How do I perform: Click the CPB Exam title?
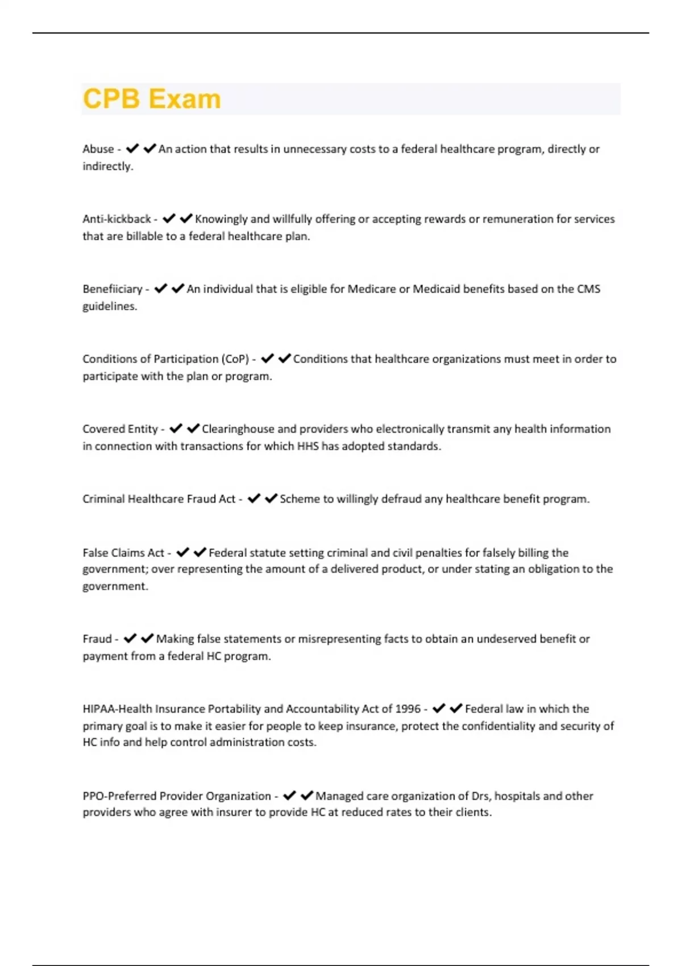[152, 99]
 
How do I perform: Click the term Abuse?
[98, 149]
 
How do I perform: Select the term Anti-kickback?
[117, 219]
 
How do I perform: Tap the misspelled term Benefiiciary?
[112, 289]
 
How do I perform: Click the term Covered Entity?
[120, 429]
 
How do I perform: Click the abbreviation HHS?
[307, 446]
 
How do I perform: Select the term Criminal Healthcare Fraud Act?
[159, 499]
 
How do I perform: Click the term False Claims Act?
[123, 552]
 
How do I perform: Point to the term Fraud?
[97, 639]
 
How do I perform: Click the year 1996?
[407, 709]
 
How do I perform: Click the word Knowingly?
[221, 219]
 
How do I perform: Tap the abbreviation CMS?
[588, 289]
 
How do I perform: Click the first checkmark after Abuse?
[132, 149]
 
